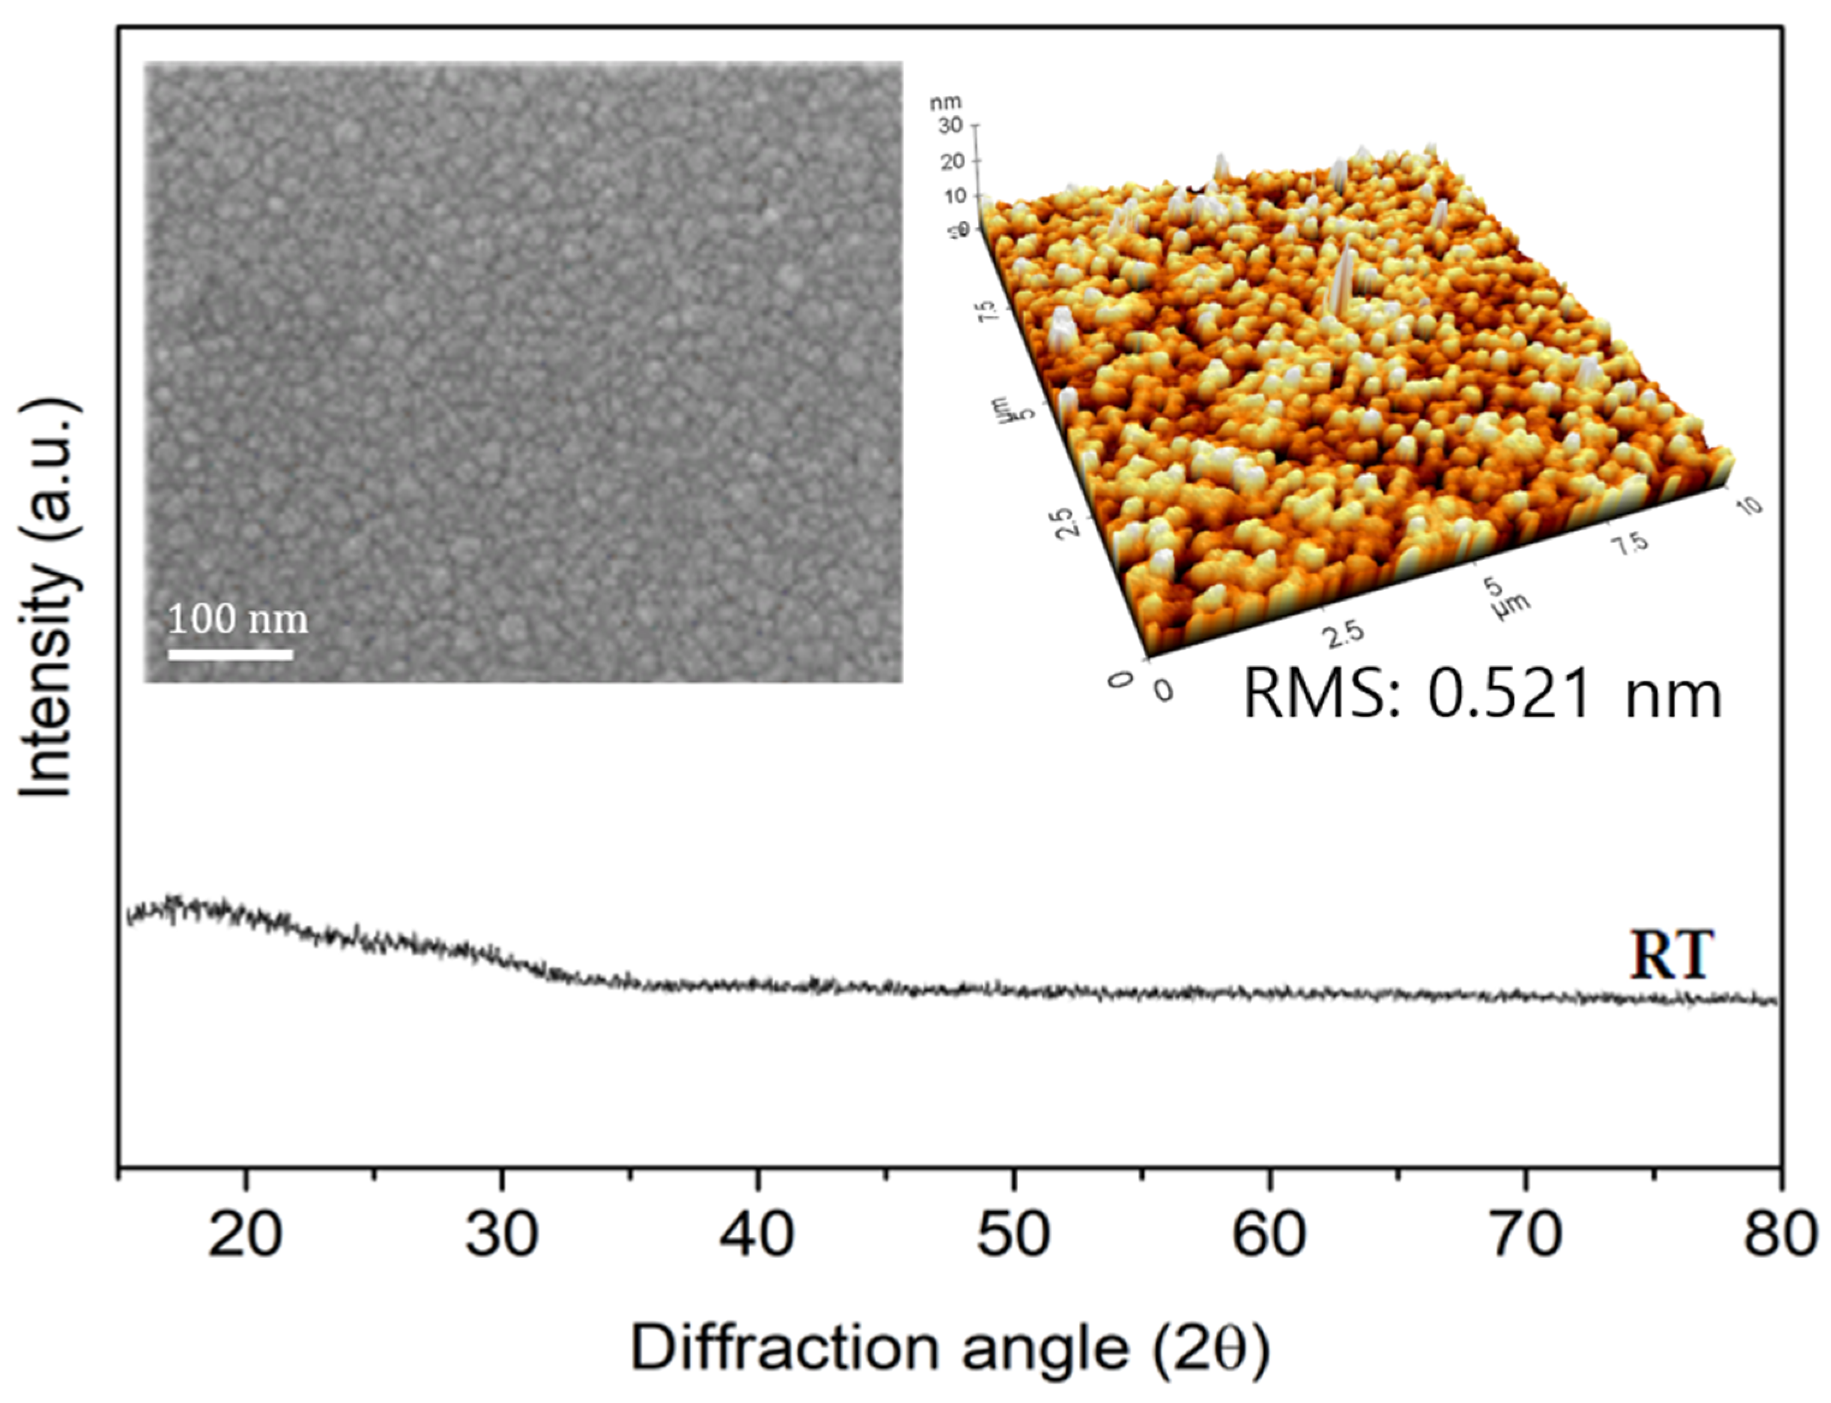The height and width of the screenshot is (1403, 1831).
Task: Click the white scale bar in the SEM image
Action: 231,655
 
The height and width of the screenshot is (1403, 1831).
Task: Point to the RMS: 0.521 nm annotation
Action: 1483,695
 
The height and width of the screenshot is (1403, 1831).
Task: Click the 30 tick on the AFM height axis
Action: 952,126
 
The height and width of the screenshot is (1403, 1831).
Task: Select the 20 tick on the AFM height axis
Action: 952,161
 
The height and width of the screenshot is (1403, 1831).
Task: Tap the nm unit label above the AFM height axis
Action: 946,103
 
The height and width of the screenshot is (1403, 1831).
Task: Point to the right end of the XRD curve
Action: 1773,1001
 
